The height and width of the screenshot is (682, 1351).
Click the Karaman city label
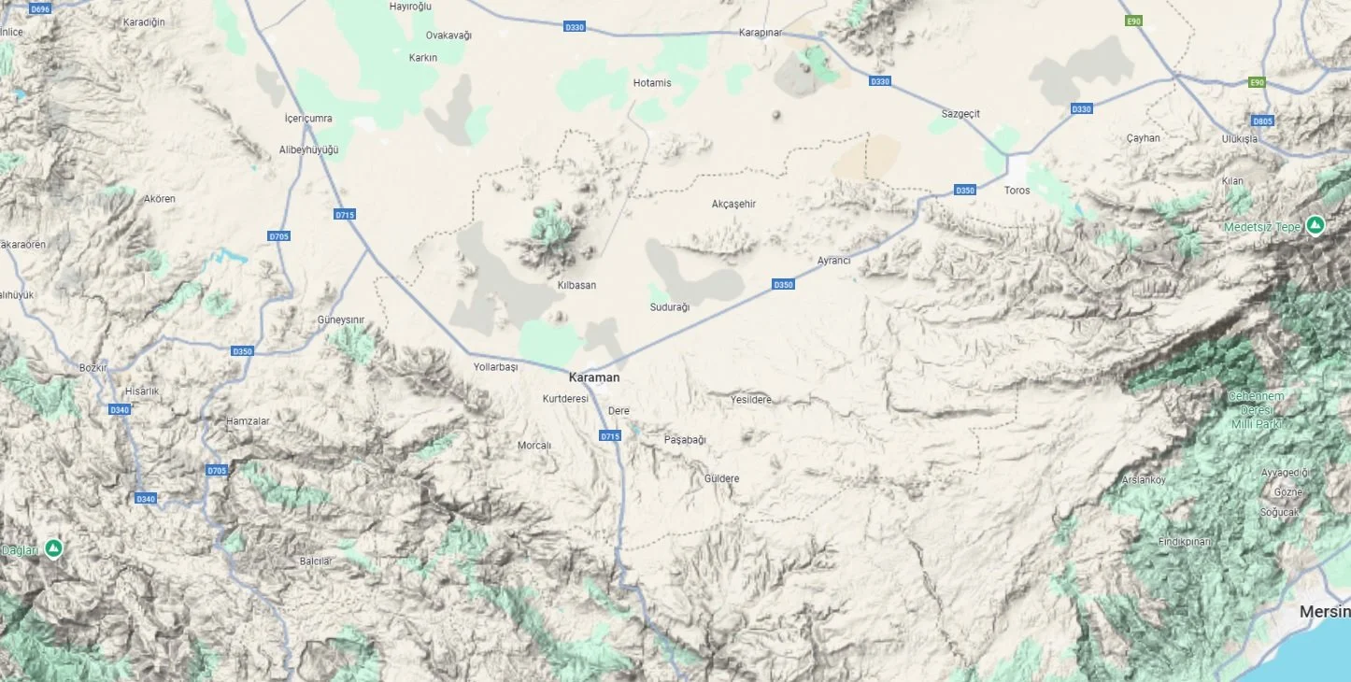[x=594, y=377]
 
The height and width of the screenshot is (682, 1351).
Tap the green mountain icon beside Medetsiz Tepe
[x=1315, y=225]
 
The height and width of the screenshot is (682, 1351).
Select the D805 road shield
[x=1262, y=121]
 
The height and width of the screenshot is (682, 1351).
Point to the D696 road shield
[x=40, y=9]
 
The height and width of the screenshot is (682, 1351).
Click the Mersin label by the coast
[x=1324, y=612]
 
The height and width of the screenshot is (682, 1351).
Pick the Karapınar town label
[x=760, y=33]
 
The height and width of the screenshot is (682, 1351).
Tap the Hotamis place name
[x=652, y=83]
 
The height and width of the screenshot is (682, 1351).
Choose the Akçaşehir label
[x=733, y=204]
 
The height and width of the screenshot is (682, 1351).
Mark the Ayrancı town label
[x=833, y=261]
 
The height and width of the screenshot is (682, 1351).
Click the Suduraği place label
[x=669, y=307]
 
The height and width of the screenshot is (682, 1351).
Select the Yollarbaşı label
[x=495, y=367]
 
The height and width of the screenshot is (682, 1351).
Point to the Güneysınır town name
[x=341, y=320]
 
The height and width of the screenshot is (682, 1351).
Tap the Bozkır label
[x=93, y=367]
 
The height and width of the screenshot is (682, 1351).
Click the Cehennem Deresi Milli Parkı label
[x=1256, y=409]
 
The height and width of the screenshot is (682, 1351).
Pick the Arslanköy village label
[x=1144, y=480]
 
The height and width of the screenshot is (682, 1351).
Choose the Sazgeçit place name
[x=960, y=114]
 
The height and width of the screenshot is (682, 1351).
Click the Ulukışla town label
[x=1239, y=139]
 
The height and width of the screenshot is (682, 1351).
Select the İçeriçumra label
[x=308, y=119]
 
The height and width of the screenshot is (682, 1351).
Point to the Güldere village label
[x=721, y=479]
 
